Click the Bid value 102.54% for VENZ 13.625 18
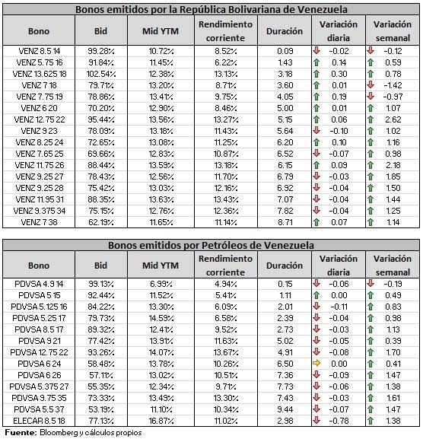101,75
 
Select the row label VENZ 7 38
40,223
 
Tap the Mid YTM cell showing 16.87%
161,421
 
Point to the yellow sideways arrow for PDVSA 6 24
316,364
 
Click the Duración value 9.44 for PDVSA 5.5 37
285,409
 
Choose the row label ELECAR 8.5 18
40,421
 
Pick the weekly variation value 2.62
393,119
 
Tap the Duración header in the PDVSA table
285,266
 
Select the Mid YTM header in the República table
161,31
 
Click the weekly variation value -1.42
393,85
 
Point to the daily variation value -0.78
339,421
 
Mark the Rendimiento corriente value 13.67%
226,352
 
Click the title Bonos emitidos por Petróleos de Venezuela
211,246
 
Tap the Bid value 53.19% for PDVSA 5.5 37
101,409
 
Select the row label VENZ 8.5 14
40,51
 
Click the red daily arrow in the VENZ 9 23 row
316,130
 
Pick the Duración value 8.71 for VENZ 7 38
285,223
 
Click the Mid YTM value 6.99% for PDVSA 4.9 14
161,285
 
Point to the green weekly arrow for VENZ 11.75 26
371,165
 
